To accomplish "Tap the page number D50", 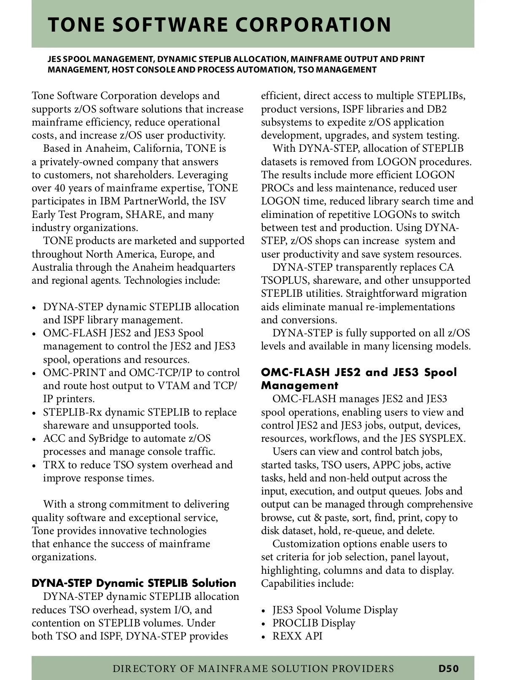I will tap(448, 668).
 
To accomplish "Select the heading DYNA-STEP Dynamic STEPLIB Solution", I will tap(134, 583).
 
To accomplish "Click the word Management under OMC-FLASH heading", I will tap(299, 385).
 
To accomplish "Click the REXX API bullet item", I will tap(297, 636).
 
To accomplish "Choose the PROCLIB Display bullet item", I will tap(313, 623).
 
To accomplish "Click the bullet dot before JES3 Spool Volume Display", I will tap(264, 611).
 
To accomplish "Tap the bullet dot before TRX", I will tap(35, 466).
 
